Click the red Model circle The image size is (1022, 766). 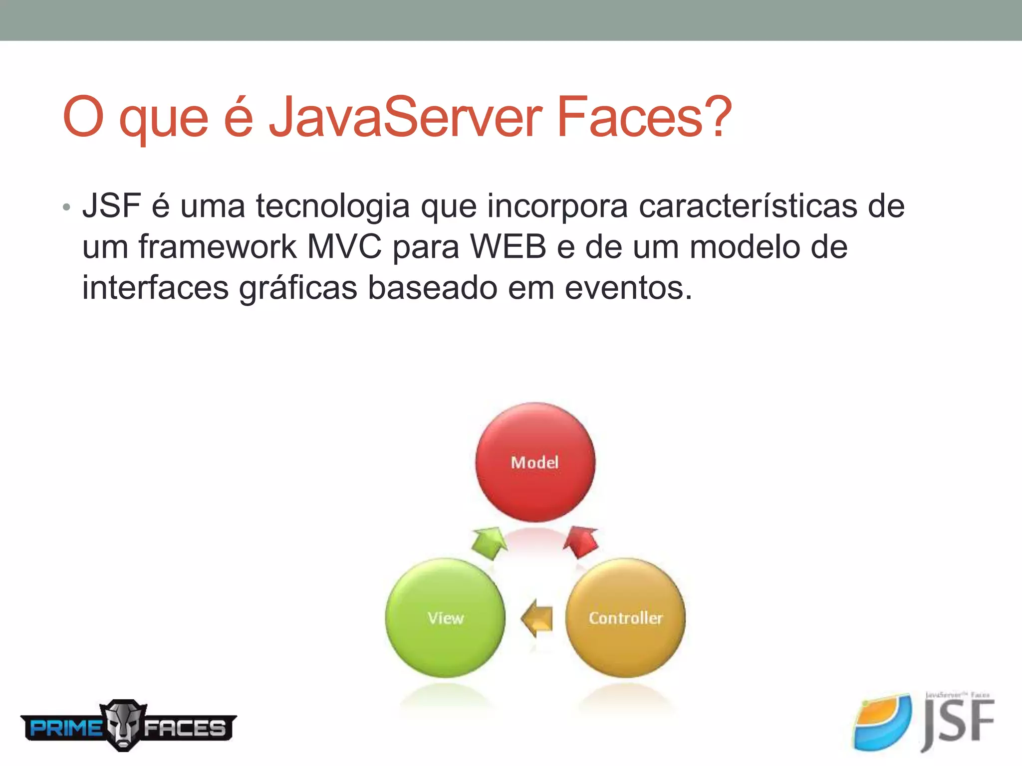[x=535, y=462]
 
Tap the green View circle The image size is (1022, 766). [x=445, y=618]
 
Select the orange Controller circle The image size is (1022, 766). [x=625, y=618]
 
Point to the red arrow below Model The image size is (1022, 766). [x=581, y=542]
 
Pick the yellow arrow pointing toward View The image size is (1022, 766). [x=537, y=618]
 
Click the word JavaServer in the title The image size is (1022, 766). [x=405, y=117]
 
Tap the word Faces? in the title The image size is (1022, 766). [x=644, y=117]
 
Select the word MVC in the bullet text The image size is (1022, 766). [x=344, y=247]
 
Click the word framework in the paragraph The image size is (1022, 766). [x=218, y=247]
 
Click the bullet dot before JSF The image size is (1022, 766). [x=66, y=207]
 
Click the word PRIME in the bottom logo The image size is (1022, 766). [x=65, y=728]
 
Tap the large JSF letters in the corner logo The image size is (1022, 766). [x=958, y=723]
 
